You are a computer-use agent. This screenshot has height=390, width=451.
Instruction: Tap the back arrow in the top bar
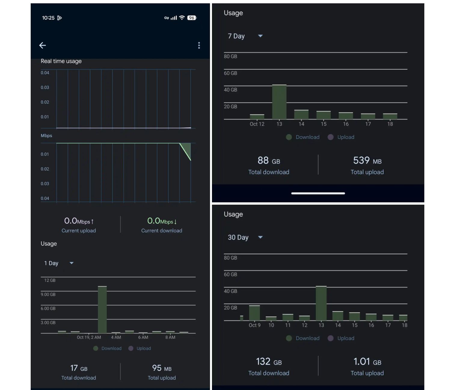(x=43, y=45)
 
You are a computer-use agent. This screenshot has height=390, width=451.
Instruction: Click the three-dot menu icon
(x=199, y=45)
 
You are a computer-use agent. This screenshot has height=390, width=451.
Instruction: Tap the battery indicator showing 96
(x=192, y=18)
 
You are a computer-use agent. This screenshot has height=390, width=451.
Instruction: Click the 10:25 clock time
(x=48, y=18)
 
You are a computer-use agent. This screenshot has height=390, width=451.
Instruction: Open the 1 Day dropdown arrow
(x=72, y=263)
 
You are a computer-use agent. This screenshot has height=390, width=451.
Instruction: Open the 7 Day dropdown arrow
(x=260, y=36)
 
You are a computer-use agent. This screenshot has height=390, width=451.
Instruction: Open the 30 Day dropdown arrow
(x=260, y=237)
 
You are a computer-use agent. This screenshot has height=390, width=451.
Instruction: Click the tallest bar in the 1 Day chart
(x=102, y=309)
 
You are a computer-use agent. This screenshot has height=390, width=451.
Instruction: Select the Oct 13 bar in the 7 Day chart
(x=279, y=102)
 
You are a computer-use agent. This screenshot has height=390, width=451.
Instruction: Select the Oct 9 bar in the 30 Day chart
(x=254, y=313)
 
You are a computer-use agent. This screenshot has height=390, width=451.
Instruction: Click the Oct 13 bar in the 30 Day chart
(x=321, y=303)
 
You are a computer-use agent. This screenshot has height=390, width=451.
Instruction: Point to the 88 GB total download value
(x=269, y=161)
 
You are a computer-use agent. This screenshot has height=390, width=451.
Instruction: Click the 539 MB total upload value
(x=367, y=161)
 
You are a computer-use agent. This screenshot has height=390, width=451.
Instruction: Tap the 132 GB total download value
(x=269, y=362)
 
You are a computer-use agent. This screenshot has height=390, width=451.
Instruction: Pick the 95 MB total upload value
(x=162, y=368)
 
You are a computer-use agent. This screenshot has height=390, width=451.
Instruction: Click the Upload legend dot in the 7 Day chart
(x=330, y=137)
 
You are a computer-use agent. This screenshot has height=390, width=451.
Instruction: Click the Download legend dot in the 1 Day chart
(x=96, y=348)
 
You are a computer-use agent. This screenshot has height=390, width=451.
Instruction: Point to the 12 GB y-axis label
(x=50, y=280)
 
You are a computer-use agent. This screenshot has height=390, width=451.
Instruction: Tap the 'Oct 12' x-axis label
(x=257, y=124)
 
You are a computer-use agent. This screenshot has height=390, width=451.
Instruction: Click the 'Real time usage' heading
(x=61, y=61)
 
